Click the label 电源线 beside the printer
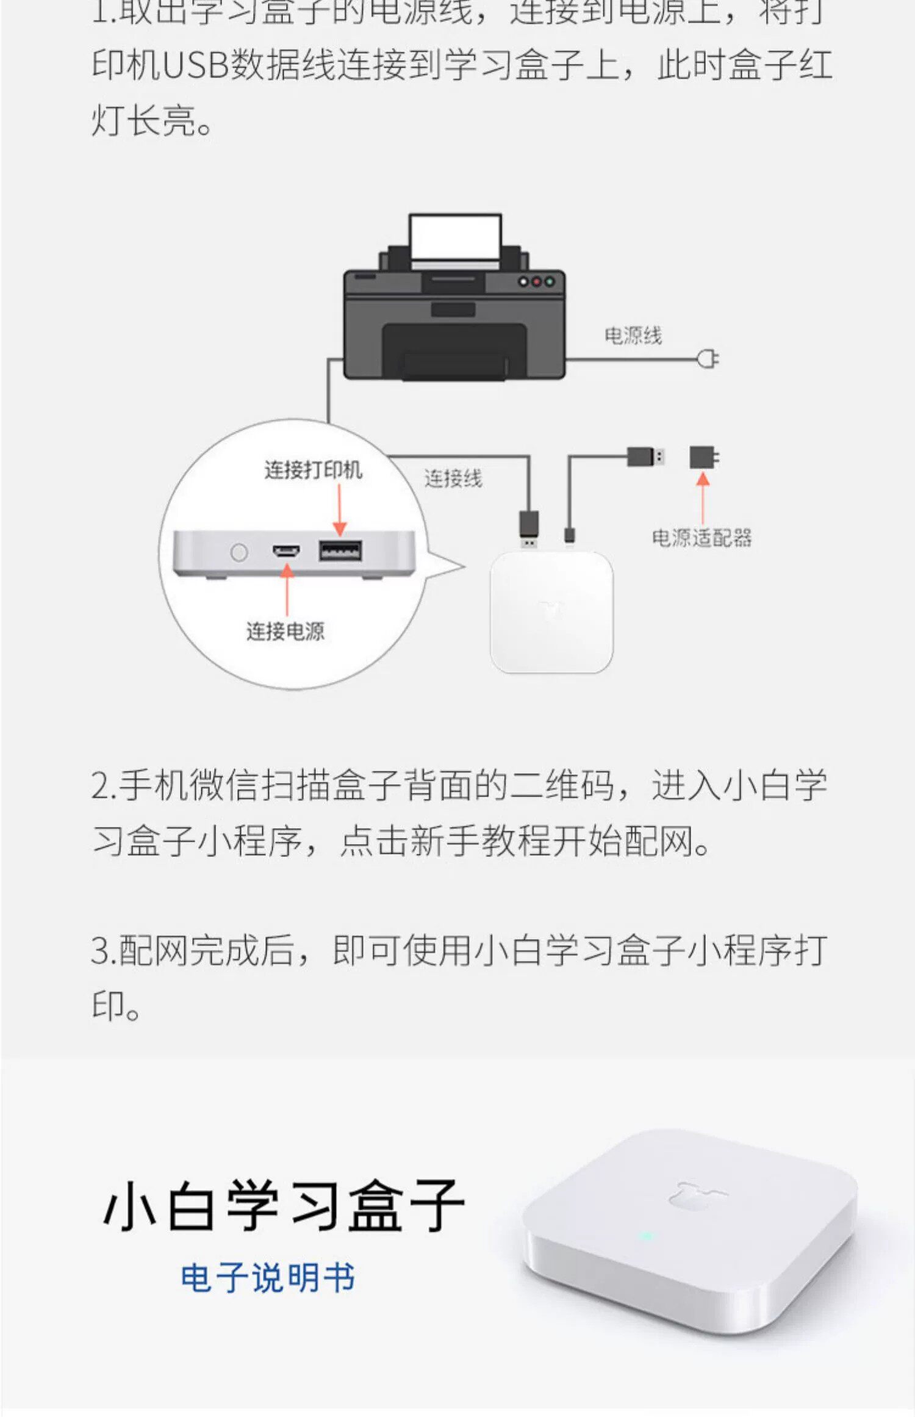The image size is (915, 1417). point(633,336)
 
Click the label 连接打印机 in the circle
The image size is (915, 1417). point(313,470)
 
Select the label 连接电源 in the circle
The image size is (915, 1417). point(285,631)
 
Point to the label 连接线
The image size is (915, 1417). point(453,478)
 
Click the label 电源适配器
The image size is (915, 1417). point(701,538)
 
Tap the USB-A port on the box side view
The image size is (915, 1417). point(340,551)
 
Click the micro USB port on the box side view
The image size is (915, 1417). point(286,552)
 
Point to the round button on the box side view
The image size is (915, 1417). point(239,552)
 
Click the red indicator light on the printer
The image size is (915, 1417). point(536,282)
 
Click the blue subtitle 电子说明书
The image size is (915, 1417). point(268,1277)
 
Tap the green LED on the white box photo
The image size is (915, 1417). point(646,1237)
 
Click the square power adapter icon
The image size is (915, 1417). point(703,457)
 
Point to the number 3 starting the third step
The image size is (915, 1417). point(100,951)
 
